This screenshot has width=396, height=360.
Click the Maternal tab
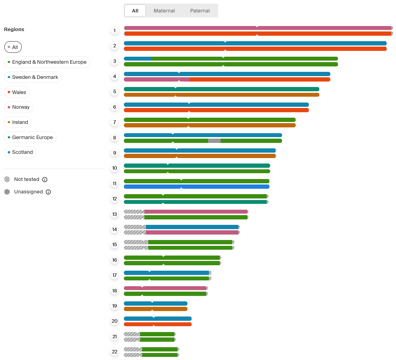click(164, 11)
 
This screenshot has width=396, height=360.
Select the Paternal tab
click(200, 11)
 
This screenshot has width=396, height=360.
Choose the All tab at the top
click(135, 11)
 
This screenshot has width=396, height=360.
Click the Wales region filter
click(17, 92)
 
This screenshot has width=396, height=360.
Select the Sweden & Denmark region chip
click(33, 77)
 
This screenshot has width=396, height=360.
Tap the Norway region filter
click(19, 107)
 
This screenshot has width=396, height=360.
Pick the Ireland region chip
click(18, 122)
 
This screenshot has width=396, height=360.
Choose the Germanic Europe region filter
click(30, 137)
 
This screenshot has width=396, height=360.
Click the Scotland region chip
click(21, 152)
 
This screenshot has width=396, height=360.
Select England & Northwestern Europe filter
click(47, 62)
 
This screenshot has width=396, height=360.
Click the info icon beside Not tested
click(45, 179)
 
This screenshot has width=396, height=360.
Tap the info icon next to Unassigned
click(48, 192)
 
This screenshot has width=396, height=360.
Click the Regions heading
click(14, 30)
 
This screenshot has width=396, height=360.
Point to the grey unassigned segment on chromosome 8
click(214, 141)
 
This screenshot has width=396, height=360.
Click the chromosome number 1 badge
click(115, 31)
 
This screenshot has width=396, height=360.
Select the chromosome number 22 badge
click(115, 352)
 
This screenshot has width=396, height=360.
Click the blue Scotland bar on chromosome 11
click(225, 186)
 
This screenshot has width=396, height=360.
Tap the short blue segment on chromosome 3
click(138, 59)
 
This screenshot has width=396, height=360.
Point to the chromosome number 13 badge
click(115, 214)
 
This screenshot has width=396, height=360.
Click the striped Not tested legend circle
click(7, 179)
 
